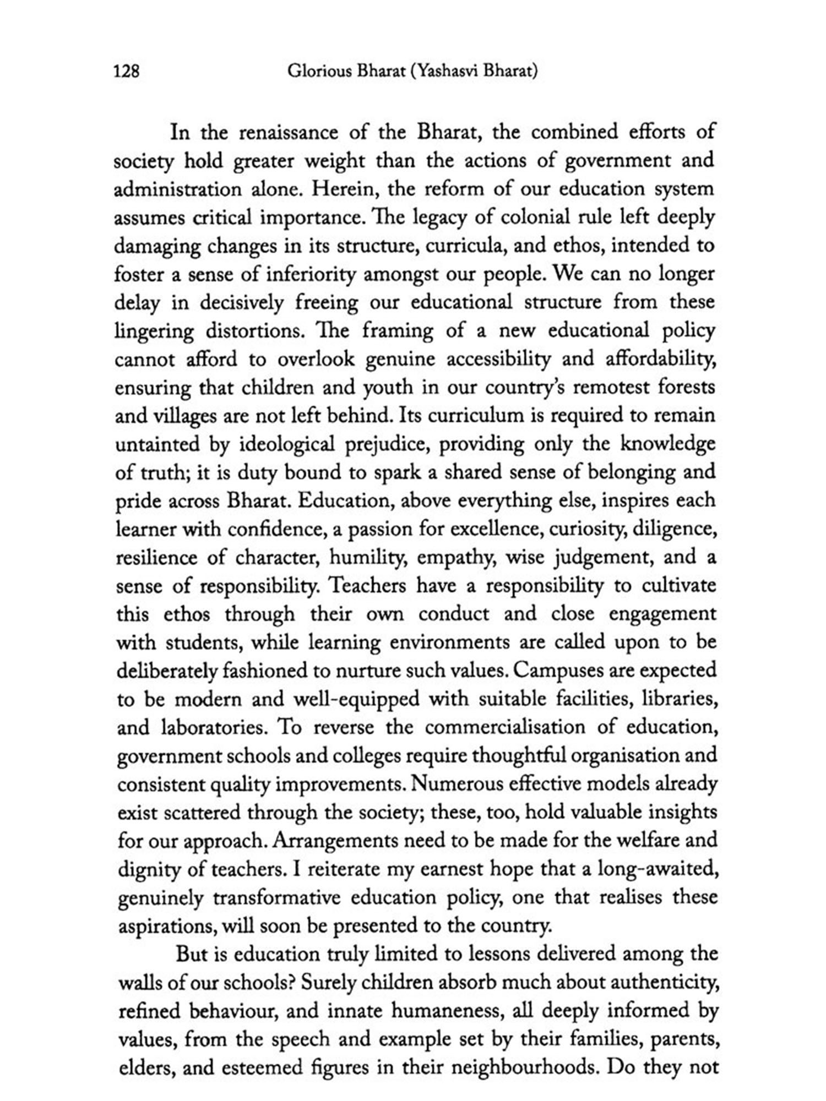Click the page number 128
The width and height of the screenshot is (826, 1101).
tap(126, 72)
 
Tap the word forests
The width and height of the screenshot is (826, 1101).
tap(687, 388)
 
